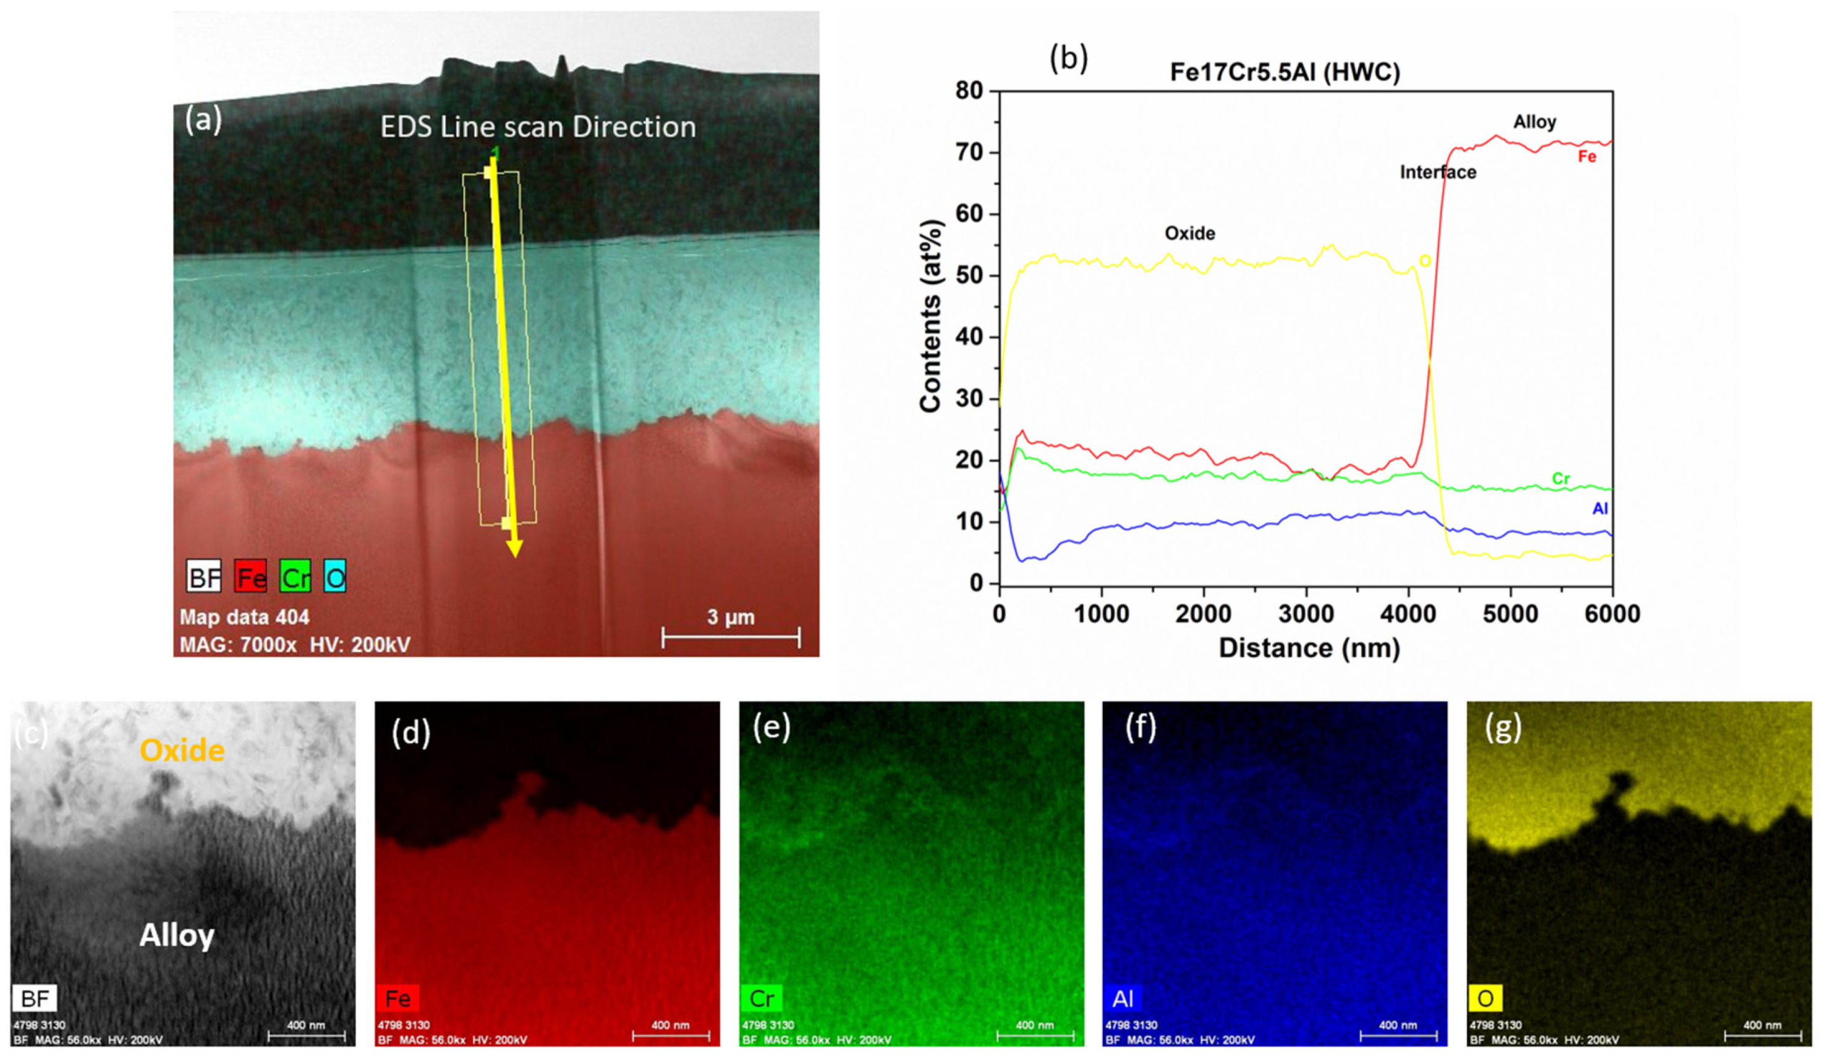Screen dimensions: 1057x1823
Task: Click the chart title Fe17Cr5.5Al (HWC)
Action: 1285,72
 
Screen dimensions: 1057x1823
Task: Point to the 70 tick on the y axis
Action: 969,153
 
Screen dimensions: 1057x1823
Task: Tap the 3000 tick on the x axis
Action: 1306,614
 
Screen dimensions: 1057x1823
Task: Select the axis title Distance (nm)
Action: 1309,648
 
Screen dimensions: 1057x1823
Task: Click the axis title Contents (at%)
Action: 931,316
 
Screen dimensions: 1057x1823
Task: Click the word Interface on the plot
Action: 1437,172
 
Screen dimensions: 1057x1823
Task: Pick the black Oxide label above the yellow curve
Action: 1189,233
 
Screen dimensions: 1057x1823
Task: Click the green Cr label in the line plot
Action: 1560,478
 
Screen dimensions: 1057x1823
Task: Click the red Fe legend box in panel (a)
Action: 250,577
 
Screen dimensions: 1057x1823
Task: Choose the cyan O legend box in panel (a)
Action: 334,577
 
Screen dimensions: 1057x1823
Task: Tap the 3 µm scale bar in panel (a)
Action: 731,637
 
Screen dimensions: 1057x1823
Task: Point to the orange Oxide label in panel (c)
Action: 182,750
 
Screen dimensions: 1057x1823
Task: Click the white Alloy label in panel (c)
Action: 177,935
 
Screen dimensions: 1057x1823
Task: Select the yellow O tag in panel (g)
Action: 1485,998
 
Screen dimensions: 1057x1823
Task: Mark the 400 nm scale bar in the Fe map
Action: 671,1036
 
